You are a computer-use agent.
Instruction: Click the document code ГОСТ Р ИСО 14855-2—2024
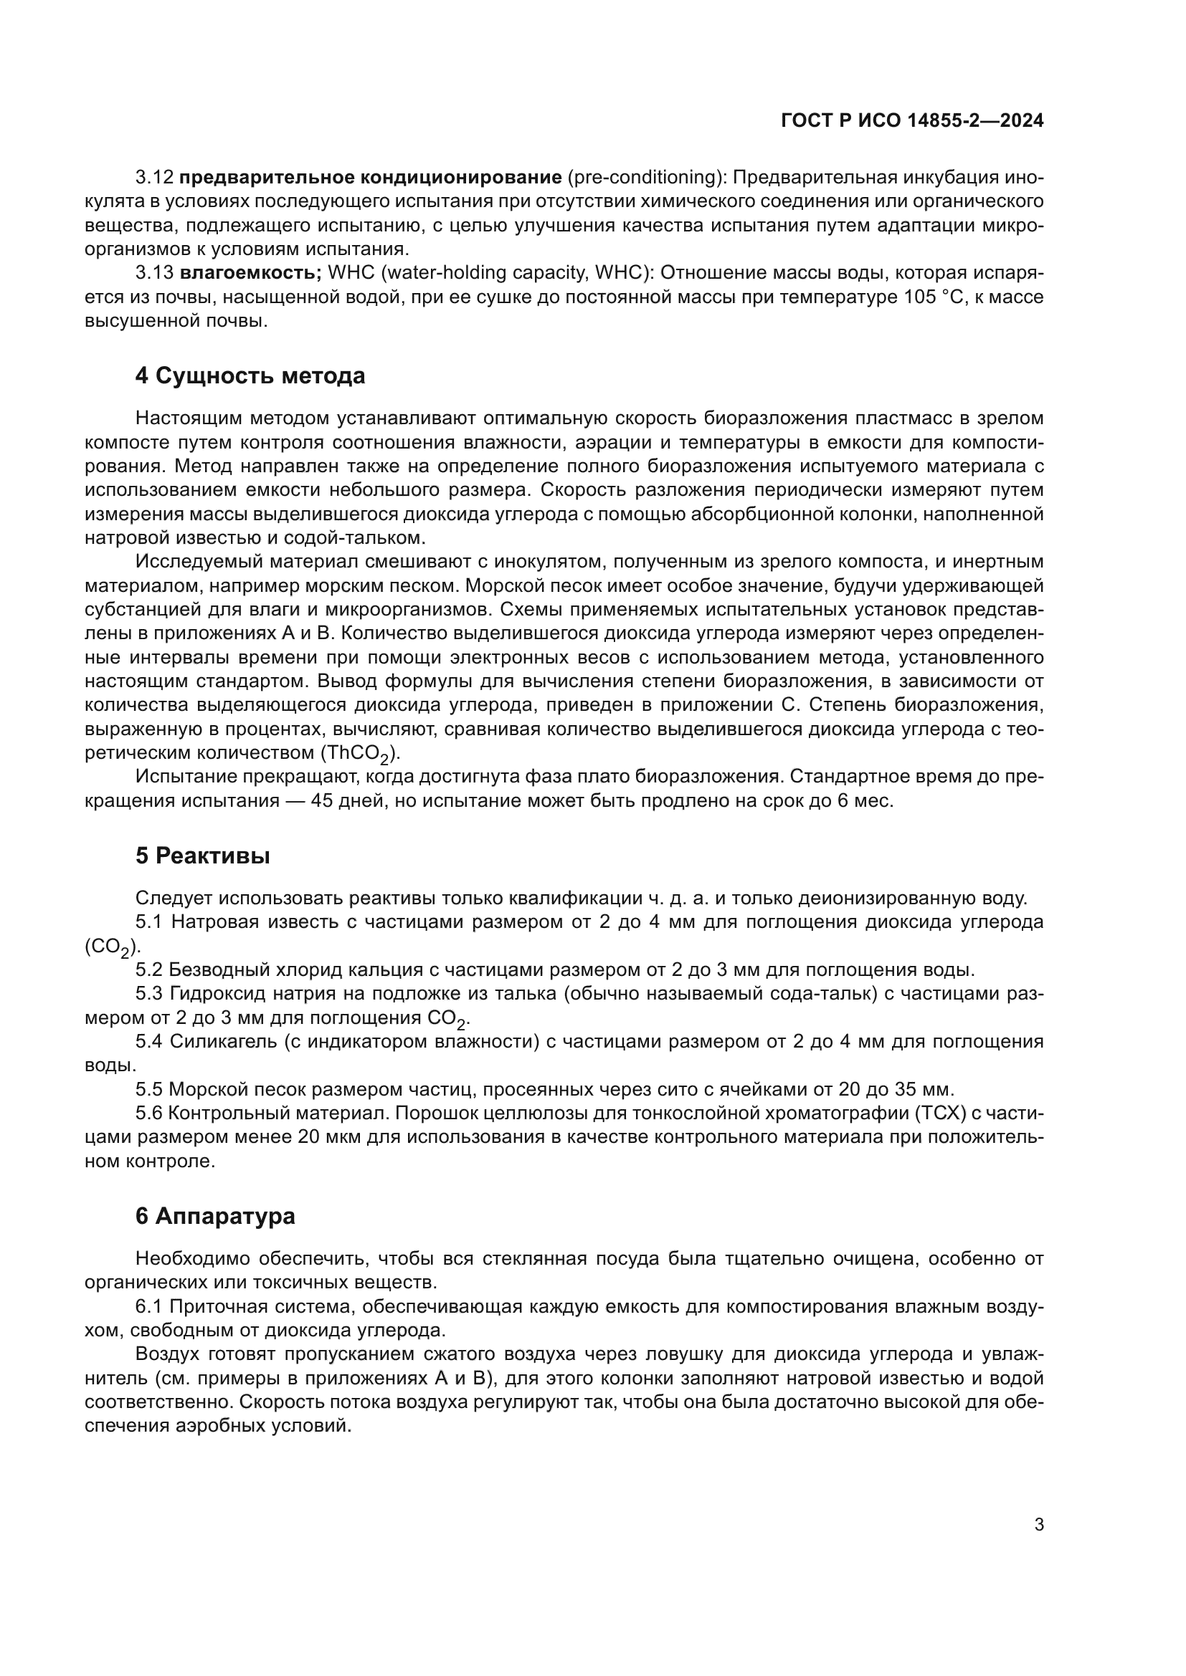click(912, 121)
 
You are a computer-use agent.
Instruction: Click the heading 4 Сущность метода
click(250, 377)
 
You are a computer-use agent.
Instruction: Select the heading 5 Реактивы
click(202, 856)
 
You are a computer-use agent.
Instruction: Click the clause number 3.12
click(154, 178)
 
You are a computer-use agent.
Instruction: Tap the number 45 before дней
click(322, 801)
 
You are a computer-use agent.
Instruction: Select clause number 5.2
click(148, 970)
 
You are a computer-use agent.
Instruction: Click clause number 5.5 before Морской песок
click(148, 1090)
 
